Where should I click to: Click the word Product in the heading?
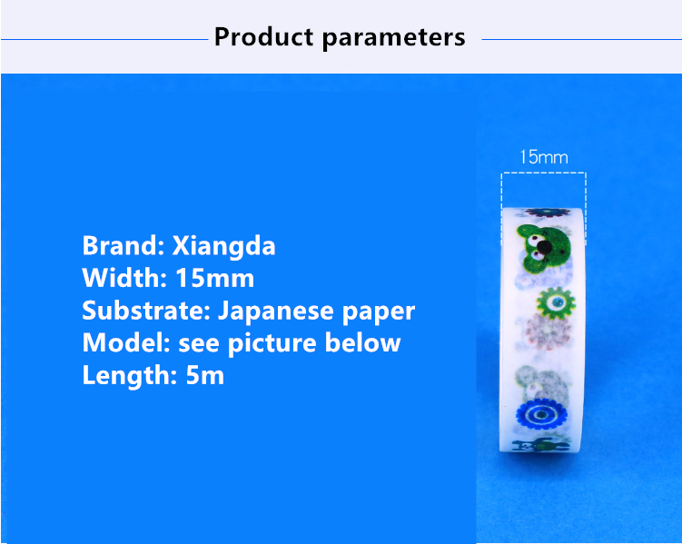point(263,36)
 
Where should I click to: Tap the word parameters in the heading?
point(393,38)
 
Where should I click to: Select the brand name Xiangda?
point(223,246)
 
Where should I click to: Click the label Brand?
point(124,246)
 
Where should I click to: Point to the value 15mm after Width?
point(215,278)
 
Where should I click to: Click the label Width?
point(124,278)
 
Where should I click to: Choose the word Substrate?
point(146,310)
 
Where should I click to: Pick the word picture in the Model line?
point(272,344)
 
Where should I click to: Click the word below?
point(362,342)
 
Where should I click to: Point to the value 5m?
point(205,375)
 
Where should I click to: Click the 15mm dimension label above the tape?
point(544,157)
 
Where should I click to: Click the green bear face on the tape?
point(543,249)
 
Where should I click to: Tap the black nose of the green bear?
point(544,247)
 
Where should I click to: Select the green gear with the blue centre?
point(556,302)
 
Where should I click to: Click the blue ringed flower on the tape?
point(541,414)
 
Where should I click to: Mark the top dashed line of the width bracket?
point(544,173)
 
